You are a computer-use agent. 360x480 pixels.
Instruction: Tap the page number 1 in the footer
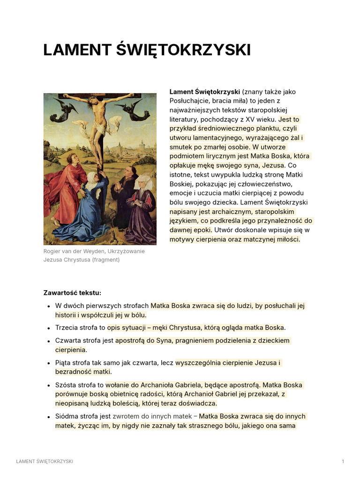343,462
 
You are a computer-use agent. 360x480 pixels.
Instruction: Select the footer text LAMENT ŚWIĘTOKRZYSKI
45,462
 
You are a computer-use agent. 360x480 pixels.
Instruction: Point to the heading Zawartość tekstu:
72,293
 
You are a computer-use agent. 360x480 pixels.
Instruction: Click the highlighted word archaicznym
221,211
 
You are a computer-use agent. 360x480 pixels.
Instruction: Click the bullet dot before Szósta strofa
49,385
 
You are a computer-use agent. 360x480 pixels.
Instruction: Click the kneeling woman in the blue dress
89,211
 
